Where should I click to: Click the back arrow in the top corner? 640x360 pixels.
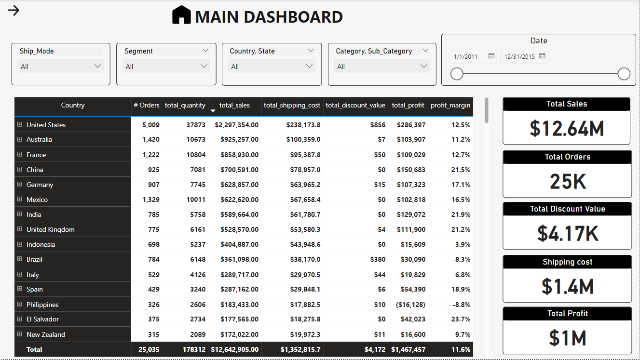pos(14,10)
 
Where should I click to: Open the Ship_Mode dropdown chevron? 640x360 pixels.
pos(98,66)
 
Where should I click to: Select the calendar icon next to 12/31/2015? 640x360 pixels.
pos(542,56)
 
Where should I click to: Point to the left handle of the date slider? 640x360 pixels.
pos(457,74)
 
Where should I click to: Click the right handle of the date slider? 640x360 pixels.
pos(624,74)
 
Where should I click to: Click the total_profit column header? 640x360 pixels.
pos(408,105)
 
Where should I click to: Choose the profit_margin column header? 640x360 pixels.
pos(450,105)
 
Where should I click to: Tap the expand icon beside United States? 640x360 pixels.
pos(20,124)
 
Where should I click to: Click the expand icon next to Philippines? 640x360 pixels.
pos(20,305)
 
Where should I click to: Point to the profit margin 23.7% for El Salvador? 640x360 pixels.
pos(462,319)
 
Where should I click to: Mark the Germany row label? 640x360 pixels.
pos(40,185)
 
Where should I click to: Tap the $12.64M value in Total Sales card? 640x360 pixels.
pos(567,128)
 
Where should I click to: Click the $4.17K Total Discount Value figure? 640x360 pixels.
pos(568,233)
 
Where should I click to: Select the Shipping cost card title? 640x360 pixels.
pos(567,262)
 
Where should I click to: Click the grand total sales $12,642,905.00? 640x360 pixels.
pos(234,349)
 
